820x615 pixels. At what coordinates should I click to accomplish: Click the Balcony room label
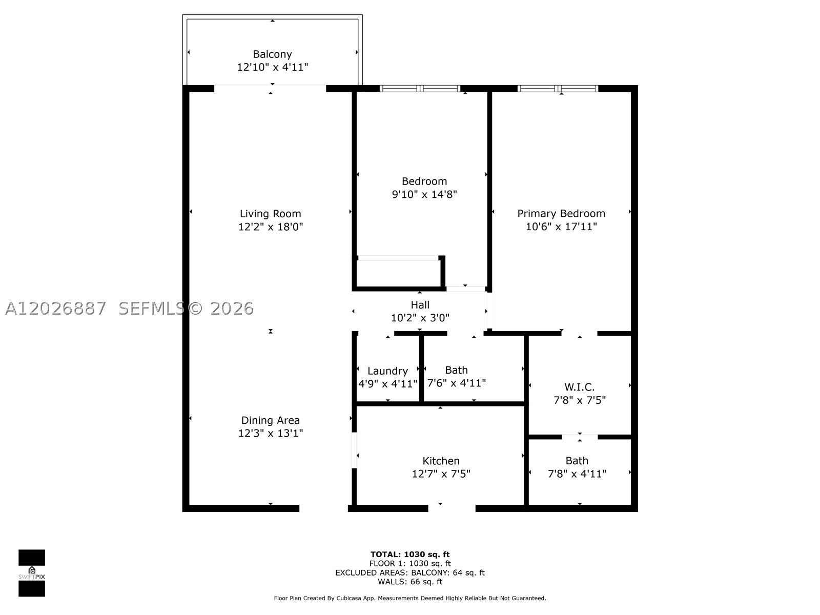pos(272,54)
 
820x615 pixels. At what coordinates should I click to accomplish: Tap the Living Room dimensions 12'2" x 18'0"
pos(271,227)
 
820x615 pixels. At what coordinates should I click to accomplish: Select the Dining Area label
pos(271,420)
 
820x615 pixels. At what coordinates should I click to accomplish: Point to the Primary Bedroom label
pos(561,214)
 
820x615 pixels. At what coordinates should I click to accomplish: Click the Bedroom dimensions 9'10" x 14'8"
pos(424,195)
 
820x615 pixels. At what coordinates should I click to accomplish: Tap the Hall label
pos(420,305)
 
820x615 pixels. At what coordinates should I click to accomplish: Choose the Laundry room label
pos(388,371)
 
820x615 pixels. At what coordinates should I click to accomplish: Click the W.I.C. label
pos(580,387)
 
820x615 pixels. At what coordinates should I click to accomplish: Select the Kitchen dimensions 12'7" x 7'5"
pos(441,474)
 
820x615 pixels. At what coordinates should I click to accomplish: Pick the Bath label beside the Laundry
pos(457,370)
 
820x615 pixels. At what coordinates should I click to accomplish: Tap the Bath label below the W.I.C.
pos(577,461)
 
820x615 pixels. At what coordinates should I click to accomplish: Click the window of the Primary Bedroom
pos(558,89)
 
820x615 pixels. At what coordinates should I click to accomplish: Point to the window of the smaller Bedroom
pos(420,89)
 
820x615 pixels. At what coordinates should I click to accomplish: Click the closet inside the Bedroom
pos(399,273)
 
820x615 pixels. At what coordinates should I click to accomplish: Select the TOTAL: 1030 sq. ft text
pos(410,555)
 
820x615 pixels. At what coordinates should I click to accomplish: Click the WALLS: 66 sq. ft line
pos(410,581)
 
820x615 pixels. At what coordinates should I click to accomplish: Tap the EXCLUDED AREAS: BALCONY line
pos(410,572)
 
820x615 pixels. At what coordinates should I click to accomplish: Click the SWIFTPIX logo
pos(32,573)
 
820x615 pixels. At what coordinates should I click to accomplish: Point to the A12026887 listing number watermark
pos(56,309)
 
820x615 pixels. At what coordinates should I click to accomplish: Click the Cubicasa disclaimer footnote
pos(410,598)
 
